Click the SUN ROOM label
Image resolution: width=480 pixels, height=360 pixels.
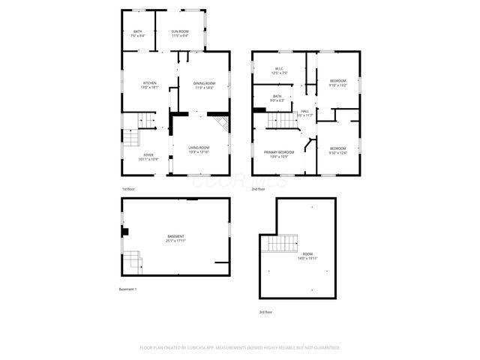click(x=179, y=31)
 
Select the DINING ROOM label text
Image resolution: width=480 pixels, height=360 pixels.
click(x=205, y=82)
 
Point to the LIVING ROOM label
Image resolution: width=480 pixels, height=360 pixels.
click(x=199, y=147)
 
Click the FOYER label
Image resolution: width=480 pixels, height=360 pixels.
click(x=148, y=155)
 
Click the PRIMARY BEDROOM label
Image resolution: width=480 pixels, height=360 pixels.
click(x=279, y=152)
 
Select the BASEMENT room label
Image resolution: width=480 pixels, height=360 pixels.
click(x=176, y=237)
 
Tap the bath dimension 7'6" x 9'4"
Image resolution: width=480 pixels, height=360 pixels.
click(x=138, y=35)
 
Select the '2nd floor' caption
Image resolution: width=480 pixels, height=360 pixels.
click(x=259, y=189)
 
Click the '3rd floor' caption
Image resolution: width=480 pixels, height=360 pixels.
click(x=265, y=311)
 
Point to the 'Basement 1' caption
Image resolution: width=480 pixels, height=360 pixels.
click(x=128, y=289)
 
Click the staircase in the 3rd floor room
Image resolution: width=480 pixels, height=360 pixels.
click(x=279, y=243)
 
